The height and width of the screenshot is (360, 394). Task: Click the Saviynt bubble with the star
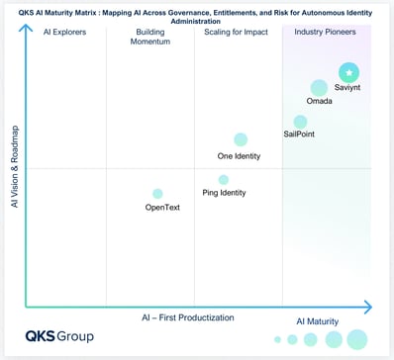348,72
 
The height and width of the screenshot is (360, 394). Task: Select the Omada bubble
319,88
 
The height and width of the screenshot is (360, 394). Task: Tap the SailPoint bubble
301,122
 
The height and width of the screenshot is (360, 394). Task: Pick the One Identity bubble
241,139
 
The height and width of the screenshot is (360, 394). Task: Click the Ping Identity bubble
224,179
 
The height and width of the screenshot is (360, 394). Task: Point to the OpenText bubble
157,194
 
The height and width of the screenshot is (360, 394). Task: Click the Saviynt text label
348,89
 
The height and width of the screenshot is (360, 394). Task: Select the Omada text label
320,101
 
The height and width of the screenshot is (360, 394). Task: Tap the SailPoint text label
299,135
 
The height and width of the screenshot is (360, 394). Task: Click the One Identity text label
239,155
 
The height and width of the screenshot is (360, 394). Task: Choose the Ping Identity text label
224,193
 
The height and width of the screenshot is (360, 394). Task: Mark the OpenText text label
162,208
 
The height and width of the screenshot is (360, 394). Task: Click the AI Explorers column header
66,33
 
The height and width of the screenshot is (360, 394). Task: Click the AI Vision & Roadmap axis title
14,166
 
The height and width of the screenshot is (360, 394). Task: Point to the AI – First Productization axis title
187,317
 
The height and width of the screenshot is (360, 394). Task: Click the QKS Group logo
59,336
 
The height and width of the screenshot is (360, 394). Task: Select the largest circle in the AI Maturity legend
357,339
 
